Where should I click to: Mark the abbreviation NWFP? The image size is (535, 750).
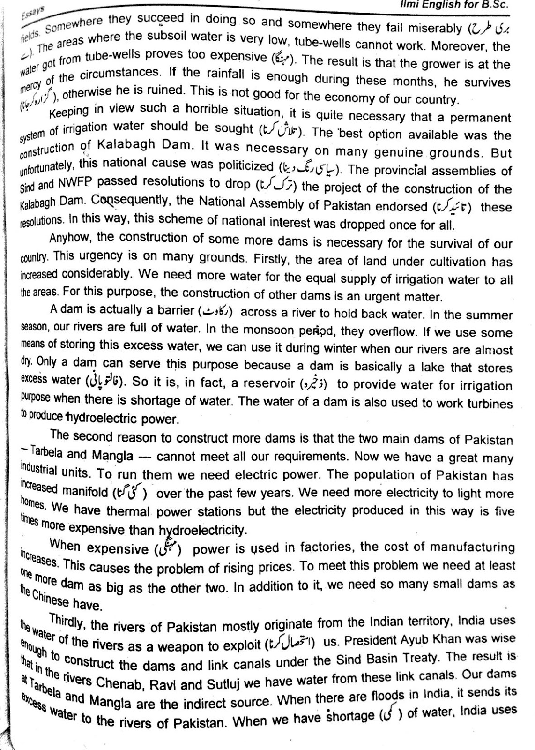click(77, 182)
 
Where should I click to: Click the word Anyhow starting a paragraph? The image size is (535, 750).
click(71, 237)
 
